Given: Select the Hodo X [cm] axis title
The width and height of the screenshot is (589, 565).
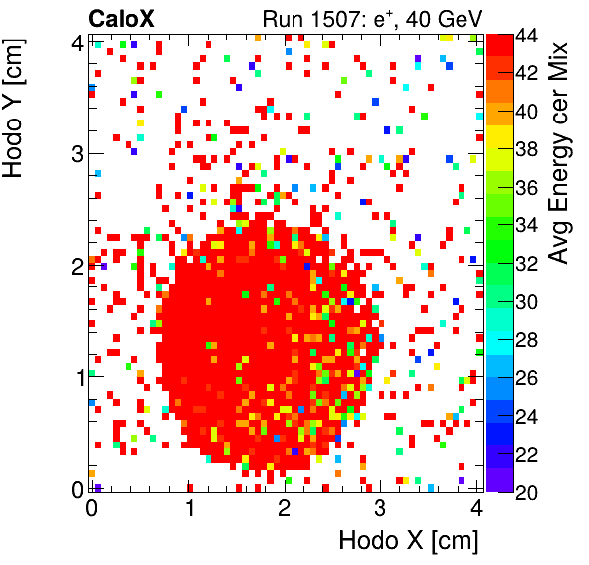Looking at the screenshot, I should click(x=408, y=541).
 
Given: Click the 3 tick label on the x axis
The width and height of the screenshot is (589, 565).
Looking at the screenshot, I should click(x=379, y=509).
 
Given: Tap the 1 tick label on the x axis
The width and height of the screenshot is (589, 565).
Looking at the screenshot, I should click(x=188, y=509).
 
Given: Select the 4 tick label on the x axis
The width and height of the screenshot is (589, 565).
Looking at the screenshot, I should click(x=475, y=509).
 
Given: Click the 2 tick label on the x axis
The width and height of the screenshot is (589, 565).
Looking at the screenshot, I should click(x=284, y=509).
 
